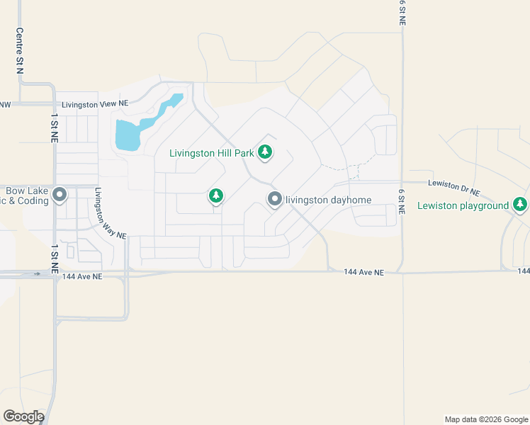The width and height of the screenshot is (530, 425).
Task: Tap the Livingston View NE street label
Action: pyautogui.click(x=94, y=104)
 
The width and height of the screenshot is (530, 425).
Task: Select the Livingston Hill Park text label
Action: pyautogui.click(x=213, y=152)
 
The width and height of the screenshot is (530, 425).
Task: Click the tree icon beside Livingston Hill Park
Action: pyautogui.click(x=265, y=152)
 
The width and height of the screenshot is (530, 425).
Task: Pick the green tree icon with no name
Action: pyautogui.click(x=216, y=195)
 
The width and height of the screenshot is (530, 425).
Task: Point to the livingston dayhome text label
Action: pyautogui.click(x=328, y=200)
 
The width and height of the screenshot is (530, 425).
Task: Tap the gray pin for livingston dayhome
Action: pyautogui.click(x=275, y=200)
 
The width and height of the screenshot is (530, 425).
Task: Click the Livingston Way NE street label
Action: pyautogui.click(x=110, y=213)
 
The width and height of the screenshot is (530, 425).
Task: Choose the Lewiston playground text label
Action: pyautogui.click(x=463, y=205)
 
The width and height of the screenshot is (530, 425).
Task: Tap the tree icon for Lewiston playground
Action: pyautogui.click(x=521, y=205)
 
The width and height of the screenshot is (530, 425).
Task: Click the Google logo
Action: pyautogui.click(x=23, y=416)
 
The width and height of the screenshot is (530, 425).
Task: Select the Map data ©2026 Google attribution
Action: pyautogui.click(x=485, y=419)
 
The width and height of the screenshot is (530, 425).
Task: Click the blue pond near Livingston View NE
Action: pyautogui.click(x=129, y=134)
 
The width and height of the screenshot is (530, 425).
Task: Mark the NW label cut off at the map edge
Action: pyautogui.click(x=5, y=105)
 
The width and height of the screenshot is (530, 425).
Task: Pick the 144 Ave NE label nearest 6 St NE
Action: pyautogui.click(x=363, y=272)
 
